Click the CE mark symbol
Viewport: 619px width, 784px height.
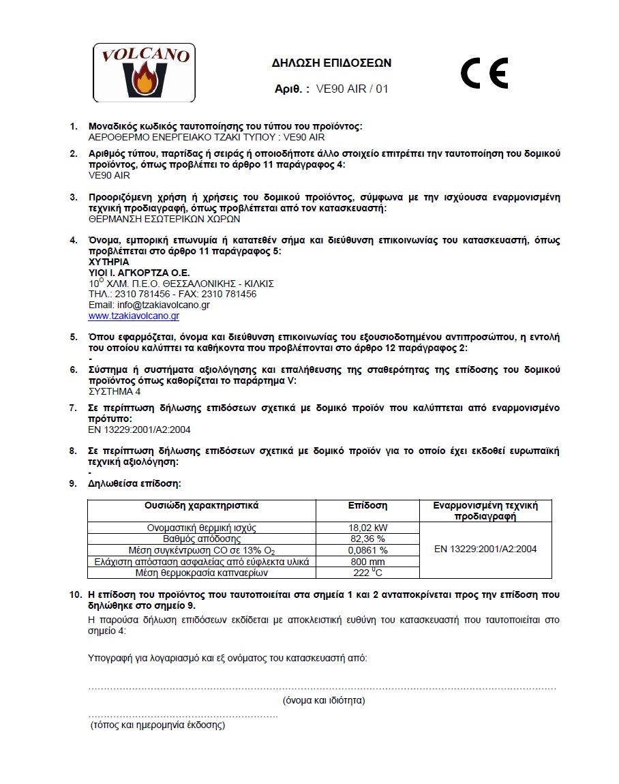click(x=484, y=73)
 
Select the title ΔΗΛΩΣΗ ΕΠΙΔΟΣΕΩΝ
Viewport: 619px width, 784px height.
click(x=331, y=63)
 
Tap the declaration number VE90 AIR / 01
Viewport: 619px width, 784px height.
click(x=352, y=89)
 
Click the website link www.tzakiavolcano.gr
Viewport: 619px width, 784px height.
click(x=134, y=316)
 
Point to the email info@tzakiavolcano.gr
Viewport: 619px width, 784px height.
click(x=149, y=305)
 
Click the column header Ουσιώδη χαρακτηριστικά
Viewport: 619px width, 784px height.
click(x=201, y=506)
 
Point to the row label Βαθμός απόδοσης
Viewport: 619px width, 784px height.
click(x=201, y=539)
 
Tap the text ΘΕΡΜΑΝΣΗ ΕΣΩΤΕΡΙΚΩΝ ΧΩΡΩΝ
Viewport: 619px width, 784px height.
click(x=164, y=220)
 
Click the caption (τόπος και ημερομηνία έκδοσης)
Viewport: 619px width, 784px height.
click(x=157, y=725)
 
